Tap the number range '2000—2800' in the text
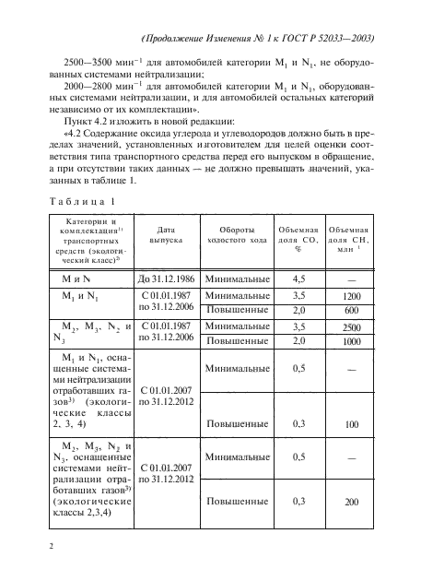tap(88, 98)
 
